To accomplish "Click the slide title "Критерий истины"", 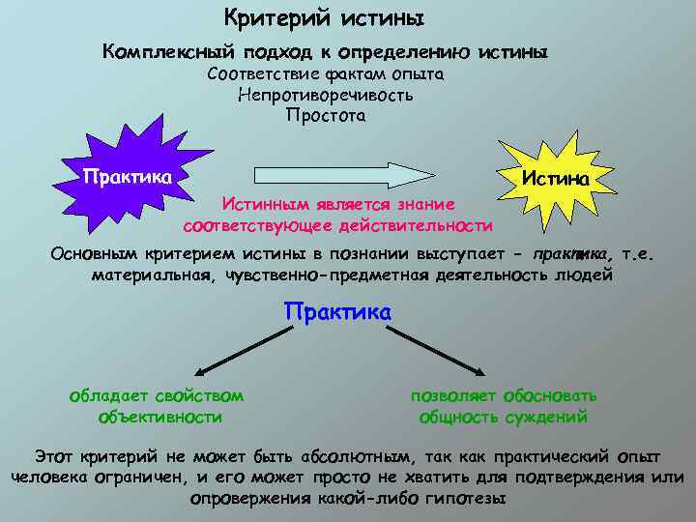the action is [324, 18].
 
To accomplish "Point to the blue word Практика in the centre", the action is [337, 313].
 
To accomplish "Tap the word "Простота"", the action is [326, 116].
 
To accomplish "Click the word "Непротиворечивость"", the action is [326, 95].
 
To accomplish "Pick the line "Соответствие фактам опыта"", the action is [326, 74].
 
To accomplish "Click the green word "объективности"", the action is [160, 418].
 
